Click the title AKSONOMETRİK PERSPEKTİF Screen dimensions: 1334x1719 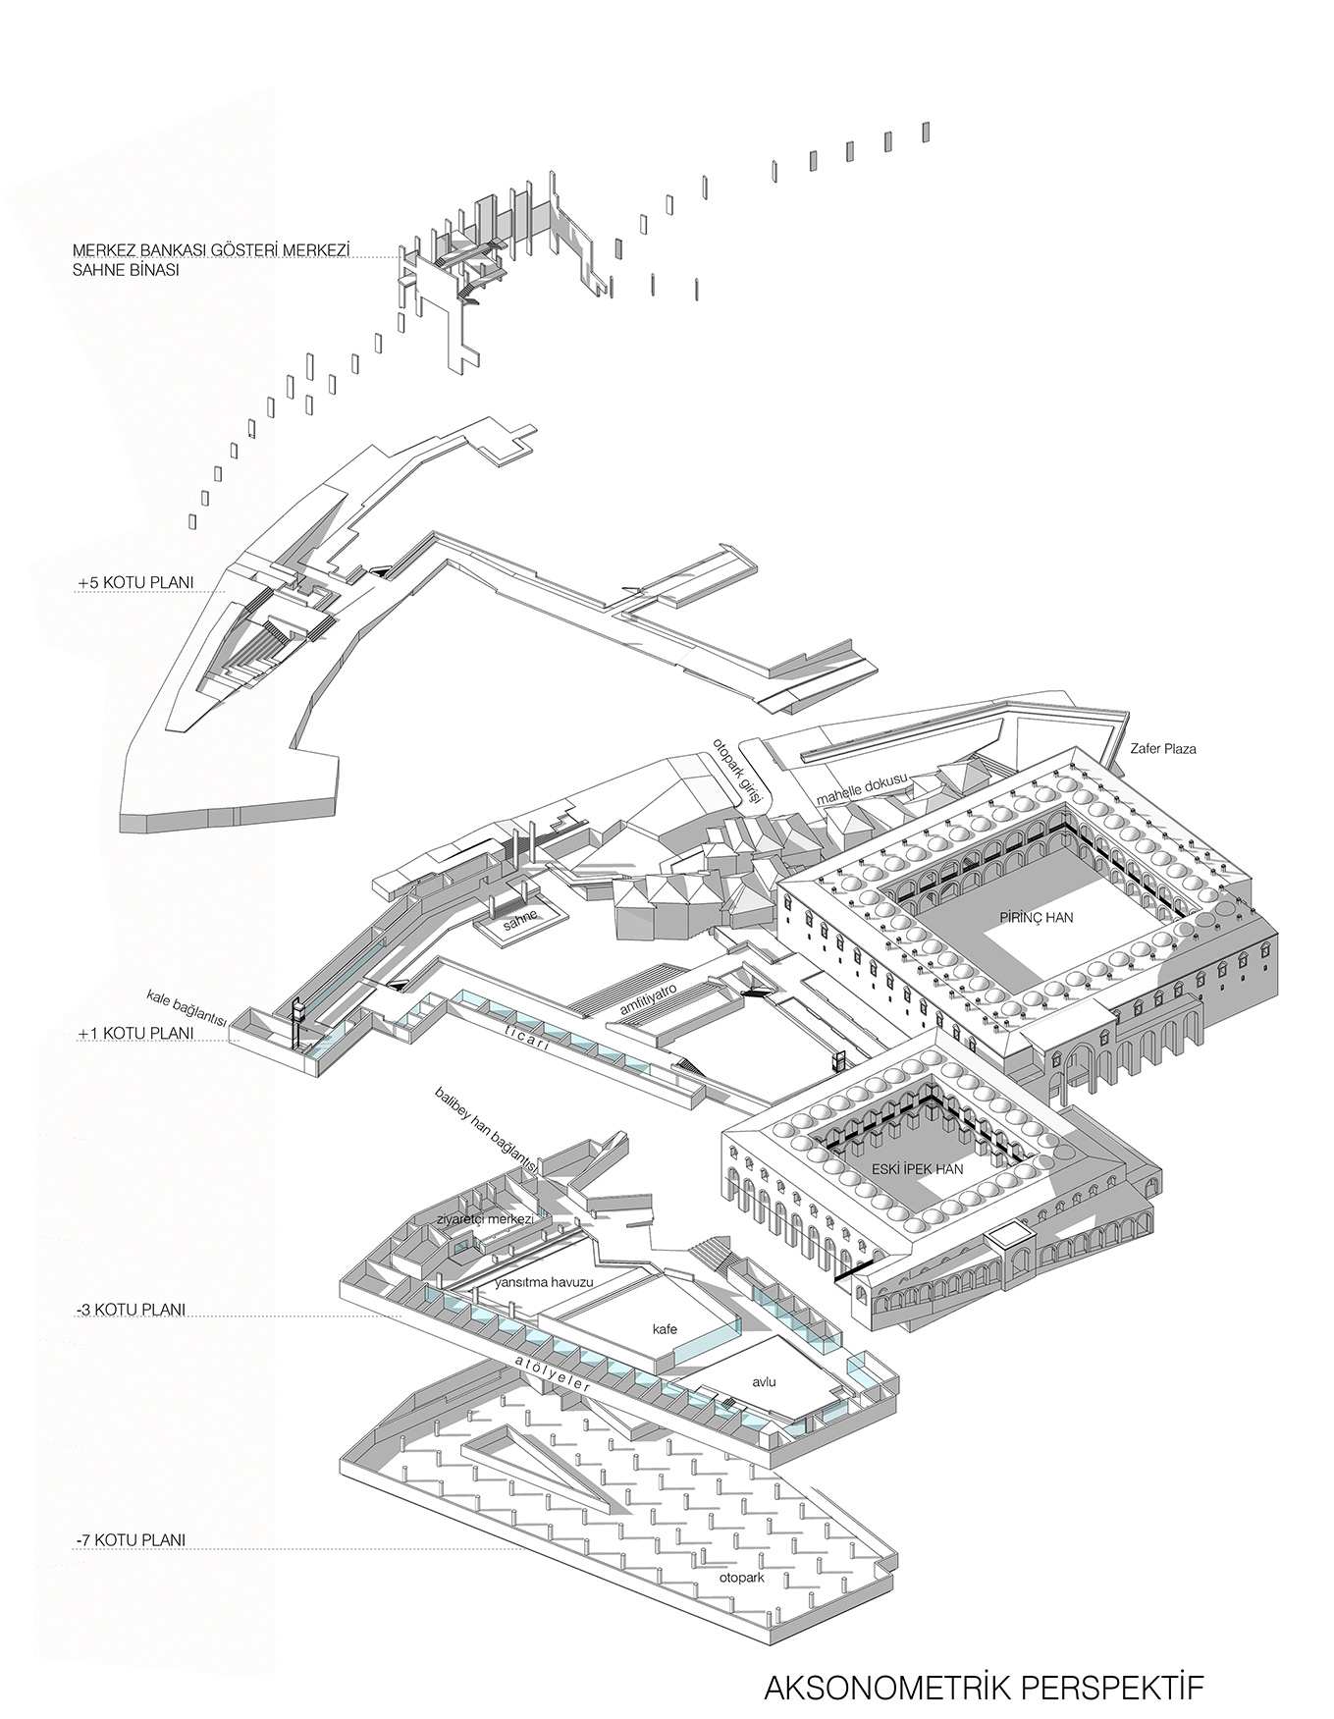983,1660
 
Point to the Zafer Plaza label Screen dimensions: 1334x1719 1163,749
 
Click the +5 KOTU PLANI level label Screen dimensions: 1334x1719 135,583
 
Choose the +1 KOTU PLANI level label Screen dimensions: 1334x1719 135,1034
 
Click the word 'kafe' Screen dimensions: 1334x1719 666,1329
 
